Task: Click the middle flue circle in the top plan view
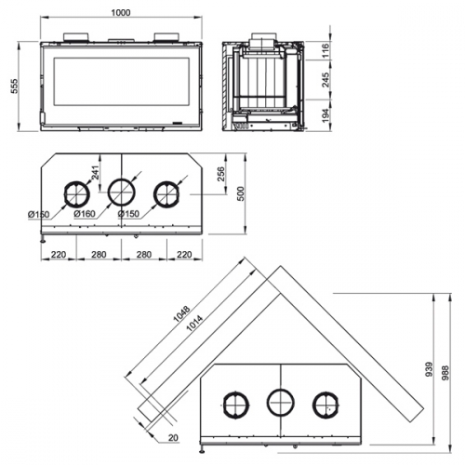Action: coord(121,193)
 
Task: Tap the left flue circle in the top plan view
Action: coord(74,193)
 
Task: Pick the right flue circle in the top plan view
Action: coord(167,193)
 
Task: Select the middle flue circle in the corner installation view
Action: coord(279,403)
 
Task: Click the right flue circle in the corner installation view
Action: coord(325,403)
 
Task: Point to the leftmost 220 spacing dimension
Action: coord(59,254)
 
